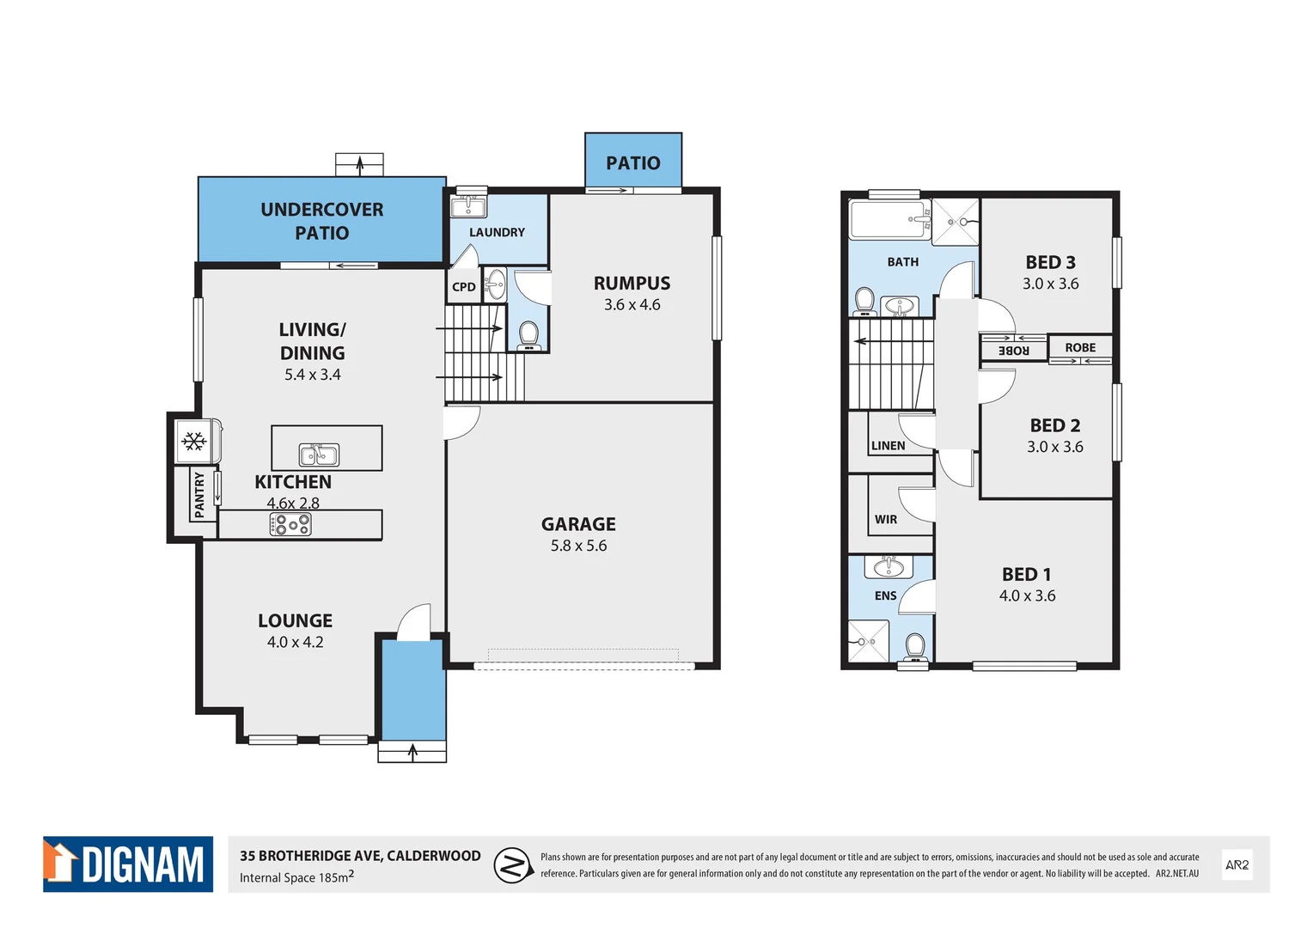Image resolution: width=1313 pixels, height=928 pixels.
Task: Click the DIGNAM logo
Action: click(128, 864)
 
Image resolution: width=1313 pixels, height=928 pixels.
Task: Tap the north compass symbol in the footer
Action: click(513, 865)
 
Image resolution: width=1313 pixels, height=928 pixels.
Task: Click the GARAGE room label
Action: click(578, 524)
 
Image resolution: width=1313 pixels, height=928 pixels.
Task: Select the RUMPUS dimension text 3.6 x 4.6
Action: click(632, 305)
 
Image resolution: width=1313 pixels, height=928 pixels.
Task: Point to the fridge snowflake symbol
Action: click(194, 442)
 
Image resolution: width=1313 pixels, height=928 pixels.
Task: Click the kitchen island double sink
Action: click(319, 454)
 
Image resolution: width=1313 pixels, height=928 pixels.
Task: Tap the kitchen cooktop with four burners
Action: click(290, 524)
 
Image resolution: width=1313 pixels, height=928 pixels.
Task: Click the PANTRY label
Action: click(200, 494)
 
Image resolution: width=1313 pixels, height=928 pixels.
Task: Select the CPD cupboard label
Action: click(464, 287)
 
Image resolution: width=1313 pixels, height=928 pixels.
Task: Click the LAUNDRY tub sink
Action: click(468, 206)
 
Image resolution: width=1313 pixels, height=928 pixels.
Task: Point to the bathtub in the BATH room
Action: click(889, 220)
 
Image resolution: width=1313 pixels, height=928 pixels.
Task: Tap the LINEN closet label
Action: click(888, 446)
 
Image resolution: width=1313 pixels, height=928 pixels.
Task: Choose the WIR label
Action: click(886, 520)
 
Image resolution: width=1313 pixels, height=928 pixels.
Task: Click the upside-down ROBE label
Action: click(1014, 350)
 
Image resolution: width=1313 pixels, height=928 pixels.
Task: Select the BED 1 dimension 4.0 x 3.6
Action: click(1027, 596)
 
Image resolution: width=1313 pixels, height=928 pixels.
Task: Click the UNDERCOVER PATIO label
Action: click(322, 221)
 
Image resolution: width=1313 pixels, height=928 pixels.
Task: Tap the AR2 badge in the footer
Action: click(1237, 865)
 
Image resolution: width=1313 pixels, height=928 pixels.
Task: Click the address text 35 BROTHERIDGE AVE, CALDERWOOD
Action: click(360, 856)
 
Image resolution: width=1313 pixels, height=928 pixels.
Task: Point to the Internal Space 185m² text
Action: click(296, 877)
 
